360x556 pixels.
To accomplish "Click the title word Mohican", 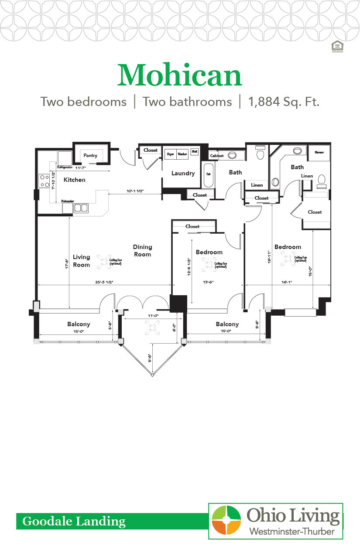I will coord(179,75).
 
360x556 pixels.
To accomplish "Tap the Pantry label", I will coord(90,156).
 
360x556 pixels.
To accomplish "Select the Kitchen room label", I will coord(75,180).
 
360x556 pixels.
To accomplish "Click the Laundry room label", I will coord(183,173).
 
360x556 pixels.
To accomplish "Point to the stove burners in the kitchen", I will coord(45,181).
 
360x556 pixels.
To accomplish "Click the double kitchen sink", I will coord(81,208).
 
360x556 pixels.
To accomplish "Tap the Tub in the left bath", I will coord(209,174).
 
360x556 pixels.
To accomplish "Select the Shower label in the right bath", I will coord(319,153).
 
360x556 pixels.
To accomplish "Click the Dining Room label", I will coord(142,251).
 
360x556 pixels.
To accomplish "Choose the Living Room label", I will coord(81,261).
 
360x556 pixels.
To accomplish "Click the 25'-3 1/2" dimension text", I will coord(105,281).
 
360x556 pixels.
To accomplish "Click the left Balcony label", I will coord(79,324).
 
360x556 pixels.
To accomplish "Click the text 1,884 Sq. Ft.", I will coord(284,102).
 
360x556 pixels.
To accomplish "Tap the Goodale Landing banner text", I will coord(74,521).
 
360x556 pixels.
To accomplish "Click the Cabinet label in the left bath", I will coord(217,156).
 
